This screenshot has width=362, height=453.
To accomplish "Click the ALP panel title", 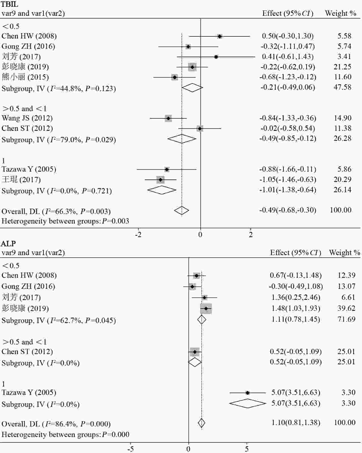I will click(8, 243).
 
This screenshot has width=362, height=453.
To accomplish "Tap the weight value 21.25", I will click(342, 67).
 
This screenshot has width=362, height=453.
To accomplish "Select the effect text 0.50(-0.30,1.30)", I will click(288, 36).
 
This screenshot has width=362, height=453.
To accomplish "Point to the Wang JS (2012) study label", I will click(27, 118).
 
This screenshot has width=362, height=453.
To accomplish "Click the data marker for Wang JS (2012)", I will click(168, 118).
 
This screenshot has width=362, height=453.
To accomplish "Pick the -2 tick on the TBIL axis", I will click(138, 235).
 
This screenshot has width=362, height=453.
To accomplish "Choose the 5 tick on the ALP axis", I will click(247, 449).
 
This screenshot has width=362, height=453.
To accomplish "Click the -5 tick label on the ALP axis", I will click(130, 449).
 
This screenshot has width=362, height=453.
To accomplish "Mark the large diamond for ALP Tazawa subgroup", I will click(247, 403).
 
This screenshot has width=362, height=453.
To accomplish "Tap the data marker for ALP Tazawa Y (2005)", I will click(247, 393).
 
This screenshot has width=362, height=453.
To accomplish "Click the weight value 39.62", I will click(346, 308).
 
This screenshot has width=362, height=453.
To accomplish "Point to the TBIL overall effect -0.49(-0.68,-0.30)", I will click(288, 210).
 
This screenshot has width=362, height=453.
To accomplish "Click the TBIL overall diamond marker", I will click(182, 210).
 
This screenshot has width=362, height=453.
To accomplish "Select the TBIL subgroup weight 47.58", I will click(342, 87).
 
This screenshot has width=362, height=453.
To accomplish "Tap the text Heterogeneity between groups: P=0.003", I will click(65, 221).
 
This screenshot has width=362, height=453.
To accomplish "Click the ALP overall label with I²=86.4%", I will click(56, 424).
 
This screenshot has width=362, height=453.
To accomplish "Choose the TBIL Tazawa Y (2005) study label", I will click(29, 169).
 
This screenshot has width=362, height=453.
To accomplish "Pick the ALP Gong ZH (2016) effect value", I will click(296, 286).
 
